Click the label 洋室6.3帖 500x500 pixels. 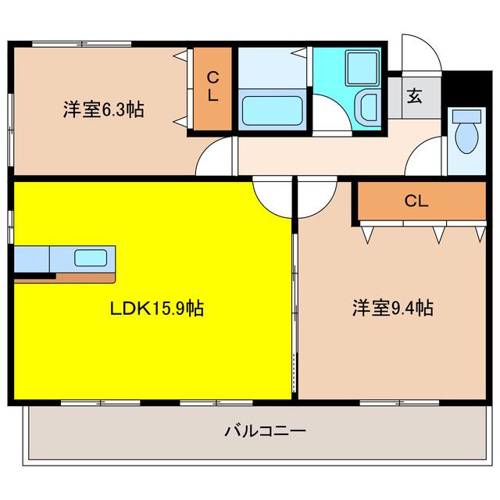pyautogui.click(x=103, y=109)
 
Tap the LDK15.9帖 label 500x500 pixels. pyautogui.click(x=156, y=309)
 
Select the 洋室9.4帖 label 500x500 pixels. pyautogui.click(x=393, y=308)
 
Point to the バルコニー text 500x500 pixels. pyautogui.click(x=266, y=430)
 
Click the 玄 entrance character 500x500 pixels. pyautogui.click(x=415, y=95)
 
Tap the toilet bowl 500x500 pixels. pyautogui.click(x=467, y=138)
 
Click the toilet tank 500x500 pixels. pyautogui.click(x=467, y=116)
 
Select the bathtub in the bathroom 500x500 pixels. pyautogui.click(x=273, y=111)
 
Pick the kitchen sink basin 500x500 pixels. pyautogui.click(x=91, y=258)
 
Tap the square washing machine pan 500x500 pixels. pyautogui.click(x=362, y=69)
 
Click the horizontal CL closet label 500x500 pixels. pyautogui.click(x=416, y=201)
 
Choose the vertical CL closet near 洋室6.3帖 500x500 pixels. pyautogui.click(x=212, y=89)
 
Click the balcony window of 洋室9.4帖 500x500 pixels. pyautogui.click(x=399, y=403)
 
